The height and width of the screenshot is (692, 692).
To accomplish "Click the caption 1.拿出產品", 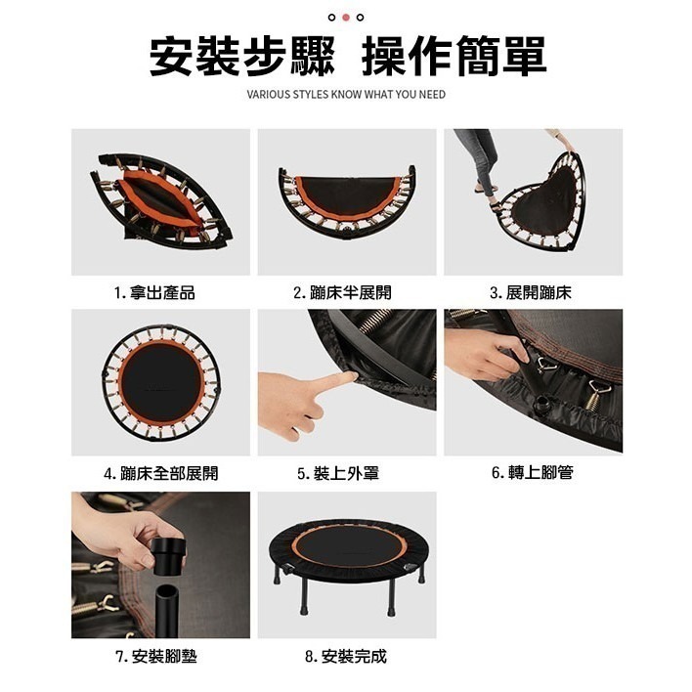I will (x=161, y=293).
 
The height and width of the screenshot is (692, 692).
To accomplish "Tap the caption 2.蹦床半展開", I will (x=346, y=293).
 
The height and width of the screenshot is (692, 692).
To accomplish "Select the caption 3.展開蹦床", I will (x=533, y=293).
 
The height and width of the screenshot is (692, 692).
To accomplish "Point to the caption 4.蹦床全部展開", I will (x=161, y=474).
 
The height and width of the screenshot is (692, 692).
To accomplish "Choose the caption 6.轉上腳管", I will (x=533, y=473).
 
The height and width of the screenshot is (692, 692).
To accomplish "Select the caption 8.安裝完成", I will (x=346, y=656).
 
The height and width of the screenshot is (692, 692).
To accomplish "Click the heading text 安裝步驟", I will (x=241, y=58).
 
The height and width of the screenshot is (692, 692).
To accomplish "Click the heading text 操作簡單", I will (x=454, y=58).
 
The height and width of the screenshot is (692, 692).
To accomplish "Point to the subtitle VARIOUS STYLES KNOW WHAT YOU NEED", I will (x=346, y=95).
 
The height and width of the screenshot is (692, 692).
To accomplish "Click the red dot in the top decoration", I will (x=346, y=17).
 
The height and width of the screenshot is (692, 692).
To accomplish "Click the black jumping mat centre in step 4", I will (x=161, y=384).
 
